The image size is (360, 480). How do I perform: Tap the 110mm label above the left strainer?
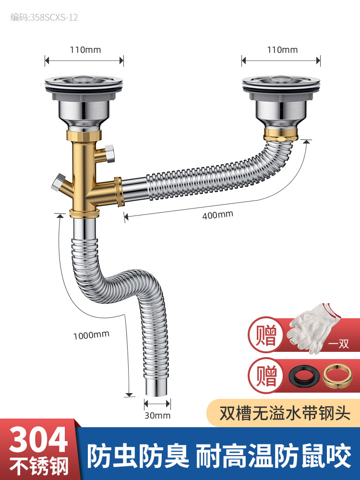pos(84,49)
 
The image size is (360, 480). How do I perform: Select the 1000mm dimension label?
pos(91,334)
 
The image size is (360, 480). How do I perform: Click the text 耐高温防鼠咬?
pos(274,456)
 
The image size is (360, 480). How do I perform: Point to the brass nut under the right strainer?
pos(281,131)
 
